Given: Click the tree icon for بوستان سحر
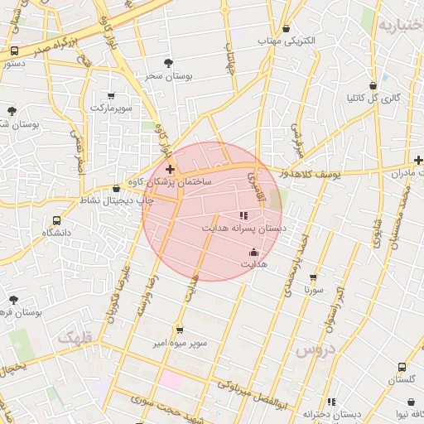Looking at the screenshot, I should coord(169,62).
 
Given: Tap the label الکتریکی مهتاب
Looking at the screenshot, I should coord(287,40).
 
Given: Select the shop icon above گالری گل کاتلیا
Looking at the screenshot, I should coord(373,85).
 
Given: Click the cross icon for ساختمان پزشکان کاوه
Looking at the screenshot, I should coord(171,169).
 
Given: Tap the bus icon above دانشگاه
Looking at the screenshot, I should coord(56,221).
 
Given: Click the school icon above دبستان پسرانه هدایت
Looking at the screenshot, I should coord(243,215).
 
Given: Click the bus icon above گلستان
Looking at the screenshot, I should coord(402,367).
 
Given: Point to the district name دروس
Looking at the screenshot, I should coord(314,350).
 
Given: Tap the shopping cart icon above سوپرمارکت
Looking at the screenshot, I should coord(113,97).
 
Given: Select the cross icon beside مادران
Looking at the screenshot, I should coord(418,160).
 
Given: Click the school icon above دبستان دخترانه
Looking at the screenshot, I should coord(331,402).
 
